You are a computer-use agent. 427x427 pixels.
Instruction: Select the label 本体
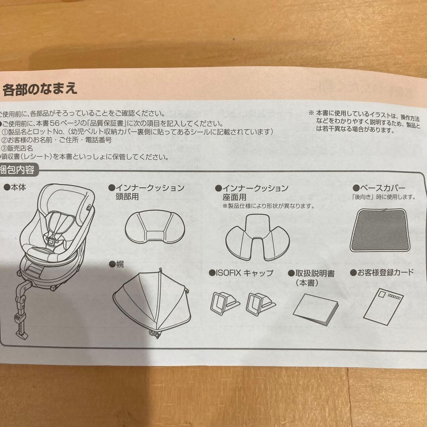point(17,187)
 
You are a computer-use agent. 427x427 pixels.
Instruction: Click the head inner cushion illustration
point(152,227)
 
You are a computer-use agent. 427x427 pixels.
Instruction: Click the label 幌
point(119,264)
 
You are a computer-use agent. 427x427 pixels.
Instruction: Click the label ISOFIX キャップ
point(244,273)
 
